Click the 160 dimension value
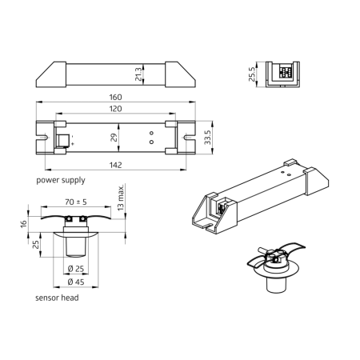click(x=117, y=98)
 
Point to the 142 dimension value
click(x=117, y=165)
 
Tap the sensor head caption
click(x=56, y=297)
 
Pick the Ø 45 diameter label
click(x=77, y=282)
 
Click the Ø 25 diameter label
click(x=77, y=267)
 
